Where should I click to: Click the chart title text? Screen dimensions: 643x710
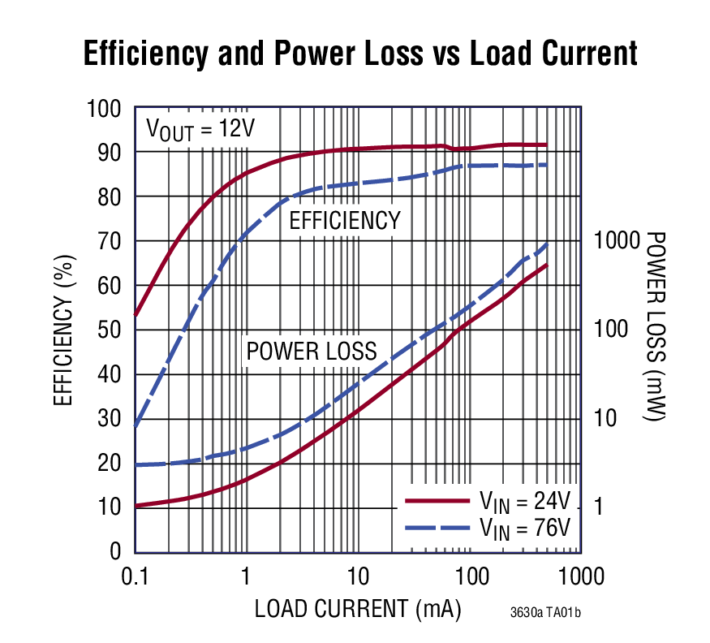pyautogui.click(x=360, y=54)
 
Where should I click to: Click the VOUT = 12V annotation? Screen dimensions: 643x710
pyautogui.click(x=200, y=130)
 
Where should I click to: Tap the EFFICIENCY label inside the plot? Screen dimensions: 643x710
pyautogui.click(x=345, y=220)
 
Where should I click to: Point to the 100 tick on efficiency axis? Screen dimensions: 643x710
pyautogui.click(x=104, y=109)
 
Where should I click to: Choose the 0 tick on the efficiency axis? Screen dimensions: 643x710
pyautogui.click(x=115, y=552)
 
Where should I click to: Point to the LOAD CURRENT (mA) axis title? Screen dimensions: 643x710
pyautogui.click(x=357, y=608)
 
